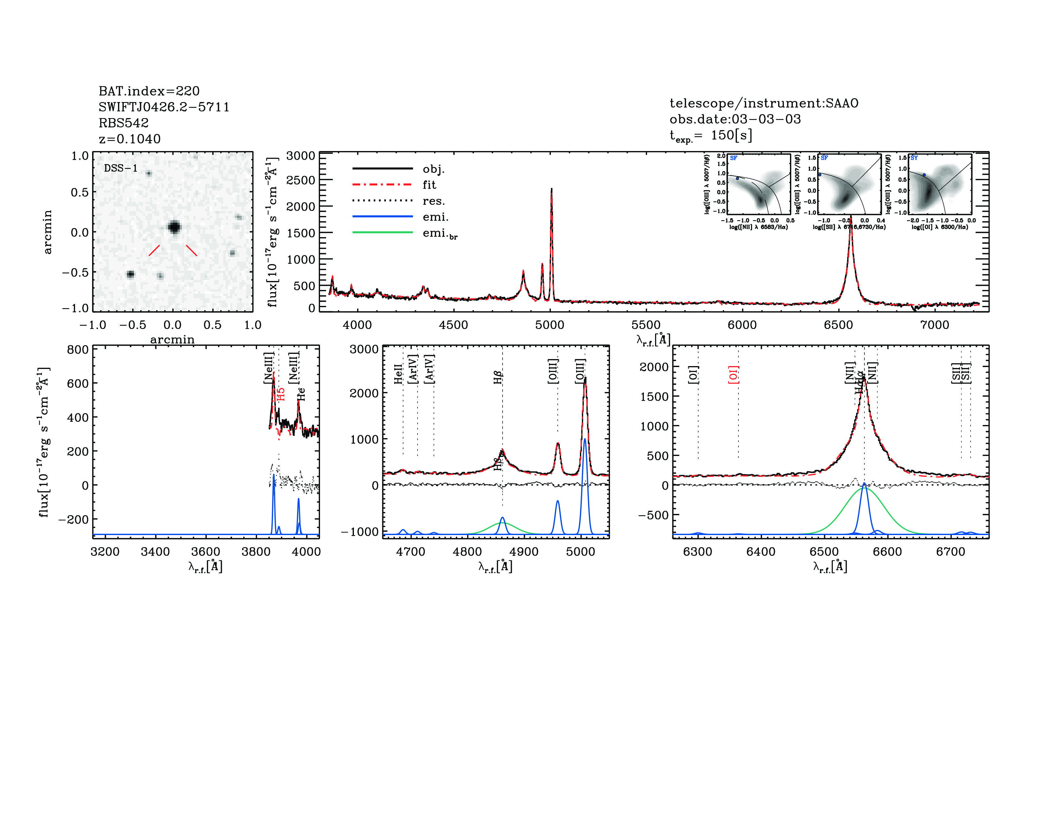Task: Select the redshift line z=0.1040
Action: [x=129, y=139]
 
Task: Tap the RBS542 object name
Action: [x=124, y=123]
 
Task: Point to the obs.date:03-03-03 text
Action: [x=735, y=119]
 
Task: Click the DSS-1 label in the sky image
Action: [x=121, y=168]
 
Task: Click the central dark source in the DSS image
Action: [x=174, y=227]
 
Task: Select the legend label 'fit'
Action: [x=429, y=185]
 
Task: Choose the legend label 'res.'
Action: [x=433, y=201]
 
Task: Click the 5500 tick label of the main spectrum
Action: [x=646, y=325]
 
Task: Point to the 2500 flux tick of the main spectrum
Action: [x=301, y=180]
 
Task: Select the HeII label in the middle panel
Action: [x=398, y=374]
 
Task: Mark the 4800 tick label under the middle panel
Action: [x=467, y=552]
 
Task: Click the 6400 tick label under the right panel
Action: [x=761, y=552]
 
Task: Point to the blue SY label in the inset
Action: [x=914, y=158]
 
